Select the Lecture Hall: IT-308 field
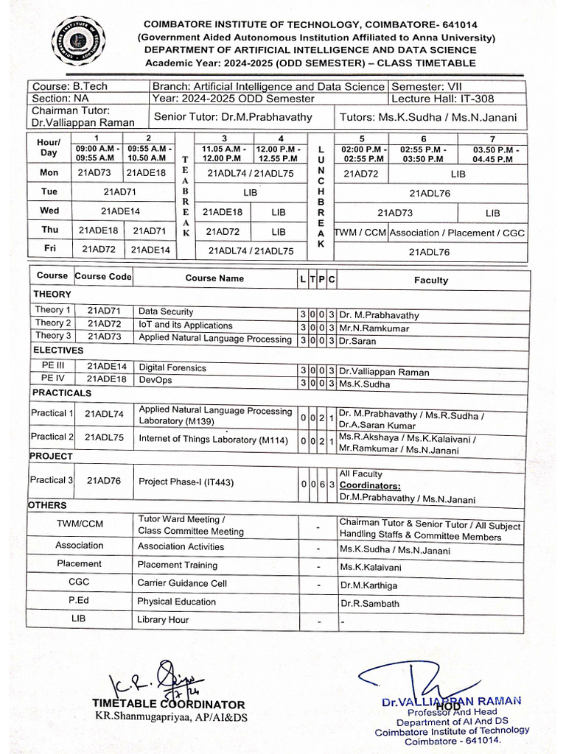(442, 98)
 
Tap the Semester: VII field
(426, 86)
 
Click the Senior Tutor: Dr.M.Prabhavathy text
(233, 116)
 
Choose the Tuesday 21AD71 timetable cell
(121, 191)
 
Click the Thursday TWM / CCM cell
(360, 233)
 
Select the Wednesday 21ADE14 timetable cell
(121, 211)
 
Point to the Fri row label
(49, 249)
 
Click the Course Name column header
(214, 278)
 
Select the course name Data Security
(166, 311)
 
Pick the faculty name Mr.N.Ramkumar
(374, 328)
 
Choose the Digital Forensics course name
(172, 367)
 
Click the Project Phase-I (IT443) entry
(186, 482)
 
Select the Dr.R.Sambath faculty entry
(369, 603)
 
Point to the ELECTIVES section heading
(58, 350)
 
